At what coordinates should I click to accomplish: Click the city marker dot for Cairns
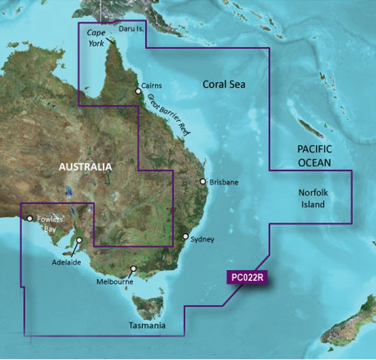[139, 91]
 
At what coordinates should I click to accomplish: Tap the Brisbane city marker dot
[203, 182]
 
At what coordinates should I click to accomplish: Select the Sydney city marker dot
[186, 236]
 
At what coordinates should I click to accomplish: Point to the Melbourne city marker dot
[134, 269]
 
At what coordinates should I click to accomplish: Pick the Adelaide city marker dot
[79, 241]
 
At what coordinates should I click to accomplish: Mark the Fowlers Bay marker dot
[30, 218]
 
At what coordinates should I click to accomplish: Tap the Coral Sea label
[224, 84]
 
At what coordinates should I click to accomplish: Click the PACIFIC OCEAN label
[314, 156]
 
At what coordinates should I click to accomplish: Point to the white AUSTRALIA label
[86, 167]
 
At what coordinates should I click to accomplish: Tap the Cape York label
[96, 37]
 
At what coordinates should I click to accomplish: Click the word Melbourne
[115, 282]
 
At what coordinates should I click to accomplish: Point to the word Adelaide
[67, 262]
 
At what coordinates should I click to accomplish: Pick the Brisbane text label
[224, 182]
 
